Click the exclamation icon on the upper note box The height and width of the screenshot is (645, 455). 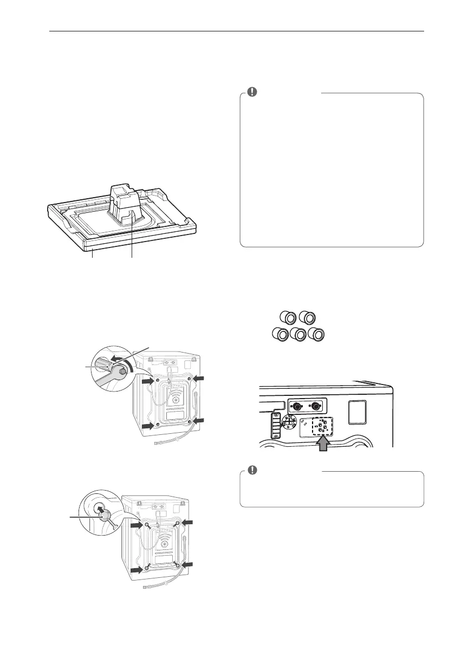pos(252,92)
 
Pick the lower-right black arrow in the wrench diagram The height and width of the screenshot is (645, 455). pos(200,420)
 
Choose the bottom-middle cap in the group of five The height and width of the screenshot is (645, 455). pos(297,334)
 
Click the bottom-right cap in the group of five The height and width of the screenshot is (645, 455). pos(316,334)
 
